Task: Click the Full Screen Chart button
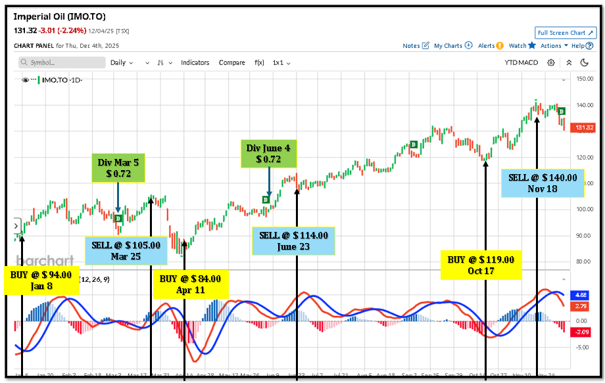point(565,33)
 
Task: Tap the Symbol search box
point(62,62)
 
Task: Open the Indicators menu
point(195,62)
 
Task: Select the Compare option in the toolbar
point(231,62)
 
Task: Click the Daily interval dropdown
point(121,62)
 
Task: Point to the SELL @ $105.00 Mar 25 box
point(122,250)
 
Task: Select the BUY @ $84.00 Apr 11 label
point(191,284)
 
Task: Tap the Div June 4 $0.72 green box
point(268,154)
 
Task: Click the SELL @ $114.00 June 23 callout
point(293,241)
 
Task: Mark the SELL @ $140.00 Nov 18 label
point(543,183)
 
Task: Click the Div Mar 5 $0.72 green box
point(118,168)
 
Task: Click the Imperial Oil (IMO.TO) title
point(59,16)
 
